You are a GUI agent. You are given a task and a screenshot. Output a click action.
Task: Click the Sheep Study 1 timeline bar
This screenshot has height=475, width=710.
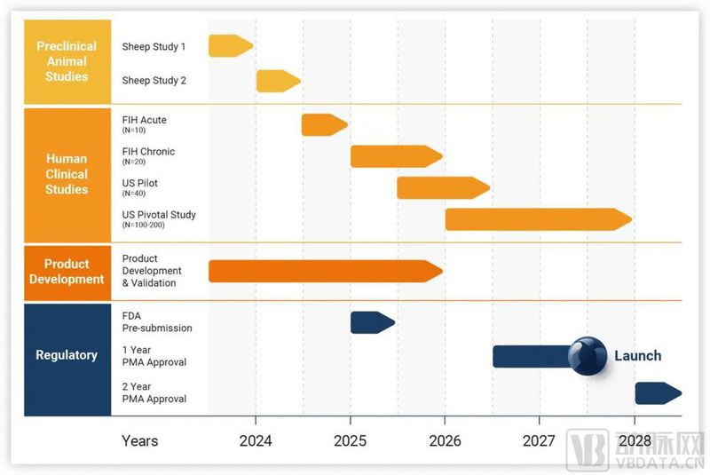230,45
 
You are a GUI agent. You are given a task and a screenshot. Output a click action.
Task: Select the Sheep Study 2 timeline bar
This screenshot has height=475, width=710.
278,81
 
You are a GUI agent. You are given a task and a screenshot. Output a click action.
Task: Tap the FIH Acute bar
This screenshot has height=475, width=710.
324,124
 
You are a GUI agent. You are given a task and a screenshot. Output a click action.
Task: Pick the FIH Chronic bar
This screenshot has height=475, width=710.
396,156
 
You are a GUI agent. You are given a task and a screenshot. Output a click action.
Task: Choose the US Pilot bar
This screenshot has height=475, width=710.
443,187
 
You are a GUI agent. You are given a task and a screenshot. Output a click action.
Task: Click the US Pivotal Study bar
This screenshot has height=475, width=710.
538,219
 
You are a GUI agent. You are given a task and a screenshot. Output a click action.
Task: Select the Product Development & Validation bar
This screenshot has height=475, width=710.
325,271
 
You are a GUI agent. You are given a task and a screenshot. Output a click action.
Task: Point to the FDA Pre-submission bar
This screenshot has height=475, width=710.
372,322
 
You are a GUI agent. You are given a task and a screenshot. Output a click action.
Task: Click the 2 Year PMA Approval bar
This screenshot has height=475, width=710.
658,392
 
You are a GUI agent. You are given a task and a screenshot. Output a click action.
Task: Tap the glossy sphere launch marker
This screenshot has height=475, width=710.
587,356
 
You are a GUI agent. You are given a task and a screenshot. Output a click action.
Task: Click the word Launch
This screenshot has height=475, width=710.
637,356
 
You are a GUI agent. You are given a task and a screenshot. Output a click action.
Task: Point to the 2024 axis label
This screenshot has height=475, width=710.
256,440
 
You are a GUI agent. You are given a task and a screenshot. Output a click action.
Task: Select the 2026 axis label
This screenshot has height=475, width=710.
445,440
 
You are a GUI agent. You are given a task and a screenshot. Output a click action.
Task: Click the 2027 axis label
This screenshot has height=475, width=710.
539,440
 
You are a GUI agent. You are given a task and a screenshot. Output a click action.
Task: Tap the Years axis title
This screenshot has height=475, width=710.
140,440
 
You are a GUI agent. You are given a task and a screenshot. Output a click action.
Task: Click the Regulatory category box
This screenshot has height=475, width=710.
67,355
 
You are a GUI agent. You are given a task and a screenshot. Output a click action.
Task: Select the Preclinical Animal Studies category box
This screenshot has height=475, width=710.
67,62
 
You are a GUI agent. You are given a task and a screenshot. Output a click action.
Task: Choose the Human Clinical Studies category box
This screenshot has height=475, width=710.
67,174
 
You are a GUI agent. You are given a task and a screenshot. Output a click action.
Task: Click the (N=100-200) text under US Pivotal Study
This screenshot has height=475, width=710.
144,226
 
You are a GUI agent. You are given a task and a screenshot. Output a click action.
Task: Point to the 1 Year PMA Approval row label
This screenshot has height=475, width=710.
154,356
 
